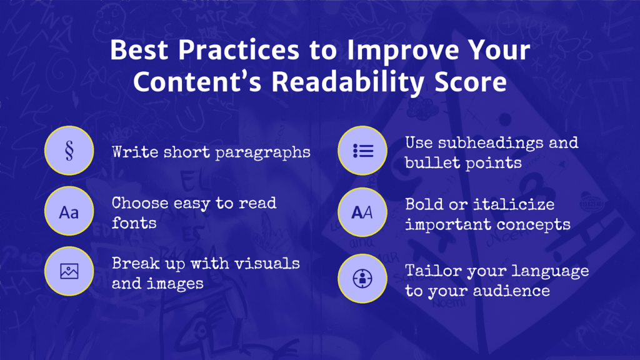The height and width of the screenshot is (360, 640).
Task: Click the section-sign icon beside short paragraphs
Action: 69,151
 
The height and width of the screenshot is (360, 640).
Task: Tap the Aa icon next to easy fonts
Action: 69,212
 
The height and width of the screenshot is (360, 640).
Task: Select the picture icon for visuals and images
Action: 69,272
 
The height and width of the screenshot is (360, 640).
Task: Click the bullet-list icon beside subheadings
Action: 362,151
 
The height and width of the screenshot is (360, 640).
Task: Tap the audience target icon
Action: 362,278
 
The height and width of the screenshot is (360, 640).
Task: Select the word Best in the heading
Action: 139,49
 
